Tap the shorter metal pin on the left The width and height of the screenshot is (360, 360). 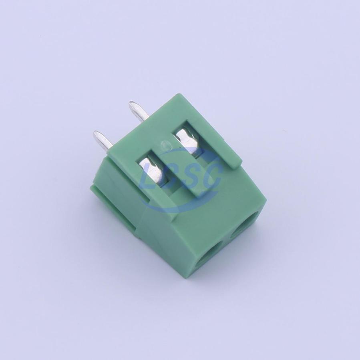(x=103, y=142)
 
